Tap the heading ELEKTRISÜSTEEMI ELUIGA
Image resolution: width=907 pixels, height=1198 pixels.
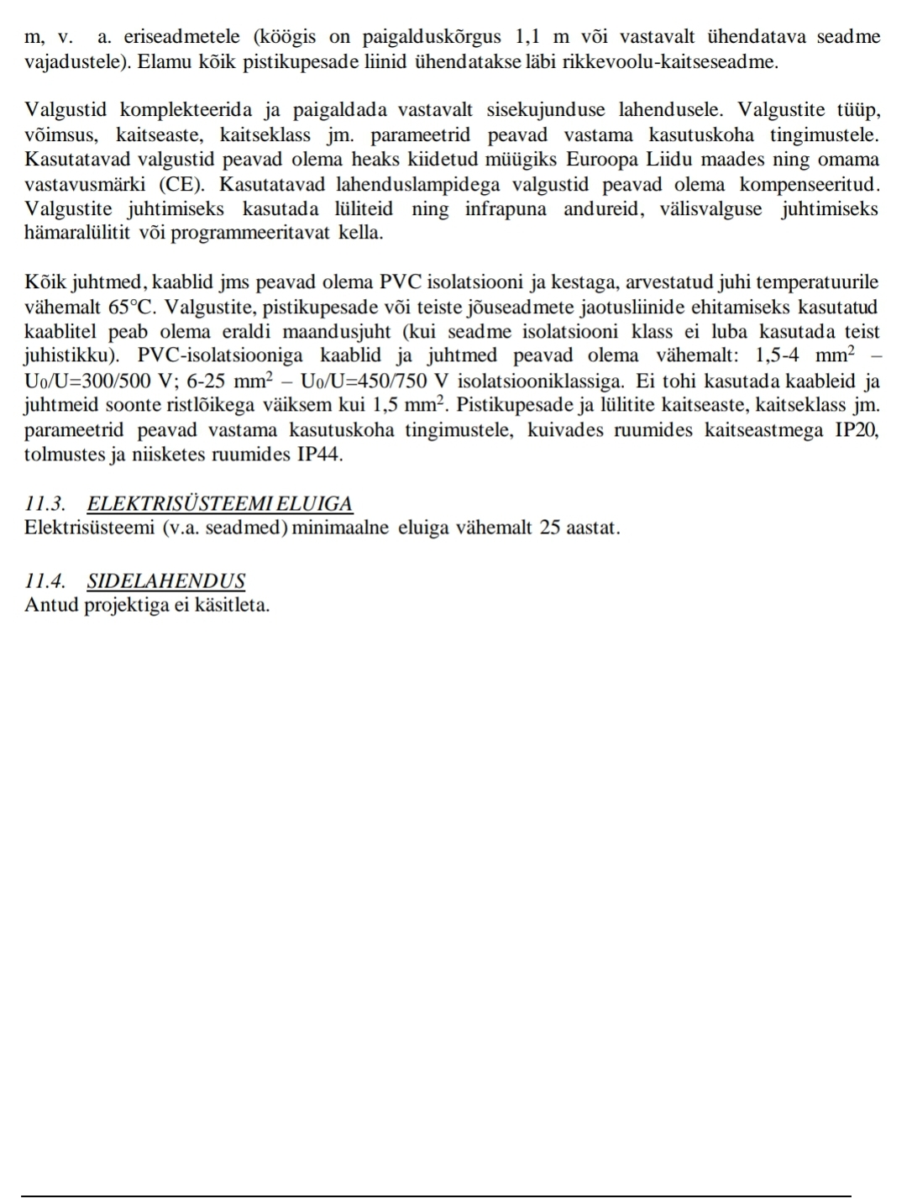(x=220, y=504)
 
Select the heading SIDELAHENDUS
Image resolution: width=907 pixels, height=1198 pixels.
(x=166, y=581)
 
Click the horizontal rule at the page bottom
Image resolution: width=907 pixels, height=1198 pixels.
(x=437, y=1195)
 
